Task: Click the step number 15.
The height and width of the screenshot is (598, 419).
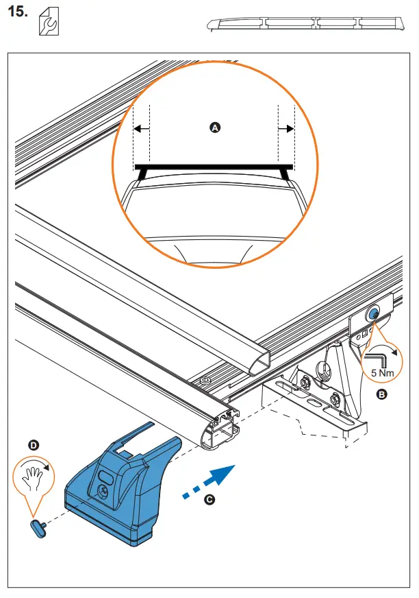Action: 18,13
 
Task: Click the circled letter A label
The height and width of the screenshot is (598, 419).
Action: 214,128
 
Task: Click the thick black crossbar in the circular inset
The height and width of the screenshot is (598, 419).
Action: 214,166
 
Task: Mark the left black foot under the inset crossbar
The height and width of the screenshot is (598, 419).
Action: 142,175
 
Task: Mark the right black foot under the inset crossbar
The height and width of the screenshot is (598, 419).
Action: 285,175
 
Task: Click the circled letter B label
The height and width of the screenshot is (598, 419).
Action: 381,394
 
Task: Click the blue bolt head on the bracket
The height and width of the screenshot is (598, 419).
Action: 374,313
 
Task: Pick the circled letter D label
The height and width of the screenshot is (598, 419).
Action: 34,445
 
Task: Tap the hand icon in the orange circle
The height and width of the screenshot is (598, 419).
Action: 33,477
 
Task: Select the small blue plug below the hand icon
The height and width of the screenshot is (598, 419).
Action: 37,525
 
